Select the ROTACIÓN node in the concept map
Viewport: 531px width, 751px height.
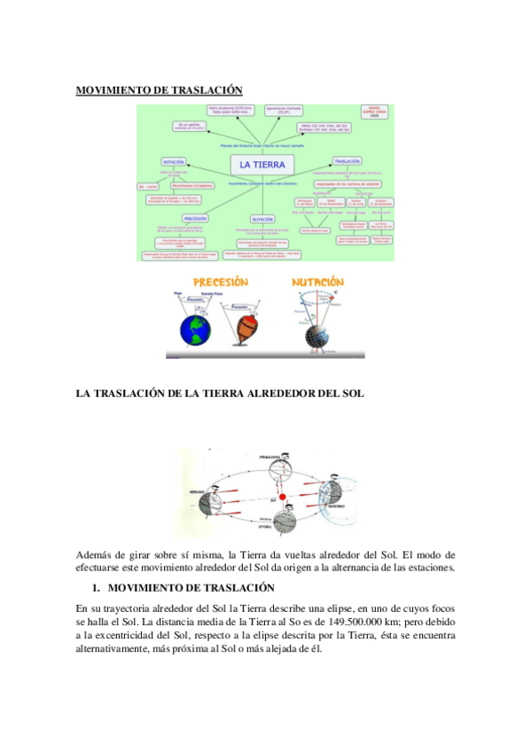click(x=174, y=163)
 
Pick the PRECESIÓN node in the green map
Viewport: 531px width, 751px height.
click(x=195, y=217)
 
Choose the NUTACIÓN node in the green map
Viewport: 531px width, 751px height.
click(x=262, y=218)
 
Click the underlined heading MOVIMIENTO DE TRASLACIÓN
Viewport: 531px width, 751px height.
click(x=159, y=89)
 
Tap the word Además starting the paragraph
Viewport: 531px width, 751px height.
click(x=95, y=554)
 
